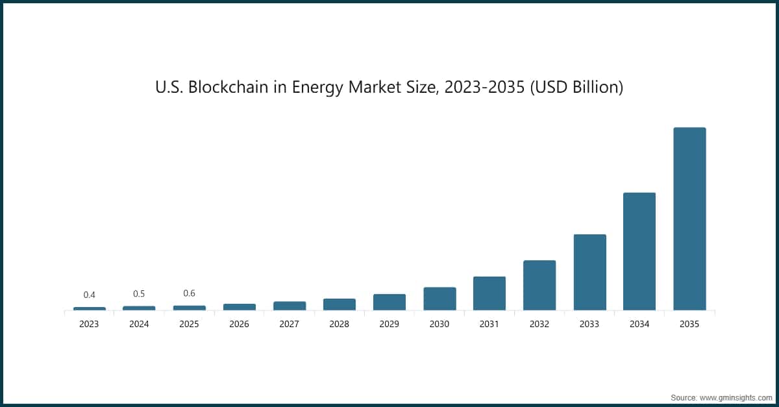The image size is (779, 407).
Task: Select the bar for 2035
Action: click(689, 219)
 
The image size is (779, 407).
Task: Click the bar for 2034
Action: click(639, 251)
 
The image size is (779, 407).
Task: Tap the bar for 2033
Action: click(589, 272)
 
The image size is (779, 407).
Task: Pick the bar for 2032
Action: click(539, 285)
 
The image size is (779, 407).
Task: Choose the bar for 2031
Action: click(489, 293)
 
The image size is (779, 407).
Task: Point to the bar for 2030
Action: click(439, 299)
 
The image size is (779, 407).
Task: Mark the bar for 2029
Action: click(389, 302)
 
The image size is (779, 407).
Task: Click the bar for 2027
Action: click(290, 306)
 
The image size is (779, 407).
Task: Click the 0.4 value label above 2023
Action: click(89, 295)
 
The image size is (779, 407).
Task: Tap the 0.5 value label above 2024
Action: click(139, 293)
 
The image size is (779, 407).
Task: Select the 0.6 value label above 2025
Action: click(189, 293)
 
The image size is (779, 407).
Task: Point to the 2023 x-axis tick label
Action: click(89, 324)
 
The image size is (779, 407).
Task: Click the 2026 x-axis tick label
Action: click(239, 324)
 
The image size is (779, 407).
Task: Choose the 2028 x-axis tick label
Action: click(339, 324)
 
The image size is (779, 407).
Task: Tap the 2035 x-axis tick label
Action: click(689, 324)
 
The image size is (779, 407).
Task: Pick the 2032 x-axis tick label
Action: click(539, 324)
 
